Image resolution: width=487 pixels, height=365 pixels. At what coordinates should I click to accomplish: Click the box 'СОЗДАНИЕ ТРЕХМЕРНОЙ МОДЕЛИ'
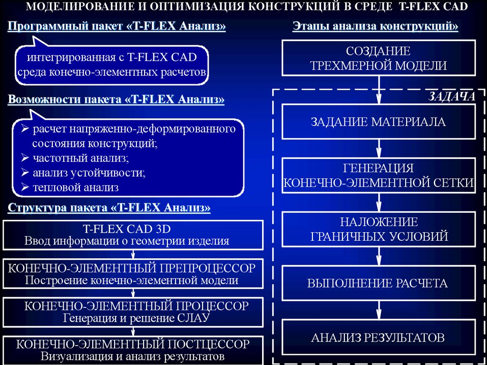point(379,58)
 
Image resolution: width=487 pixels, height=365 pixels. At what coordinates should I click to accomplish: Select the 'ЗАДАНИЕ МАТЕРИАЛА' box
point(379,122)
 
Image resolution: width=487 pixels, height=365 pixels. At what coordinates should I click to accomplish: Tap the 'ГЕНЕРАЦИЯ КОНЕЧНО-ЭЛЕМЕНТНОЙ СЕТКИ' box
point(379,176)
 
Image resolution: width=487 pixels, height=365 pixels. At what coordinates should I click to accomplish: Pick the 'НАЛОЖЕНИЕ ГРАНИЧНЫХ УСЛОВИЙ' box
point(379,229)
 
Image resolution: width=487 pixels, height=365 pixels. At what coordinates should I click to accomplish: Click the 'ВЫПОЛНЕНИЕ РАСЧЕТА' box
point(379,284)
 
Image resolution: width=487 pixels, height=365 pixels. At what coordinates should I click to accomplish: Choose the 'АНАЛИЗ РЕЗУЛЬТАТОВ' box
point(379,338)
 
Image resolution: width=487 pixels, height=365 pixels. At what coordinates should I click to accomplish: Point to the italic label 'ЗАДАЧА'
point(452,97)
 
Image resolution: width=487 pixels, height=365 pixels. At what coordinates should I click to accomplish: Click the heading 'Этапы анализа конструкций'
point(375,26)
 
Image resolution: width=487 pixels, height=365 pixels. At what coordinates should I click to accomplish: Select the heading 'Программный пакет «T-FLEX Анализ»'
point(117,26)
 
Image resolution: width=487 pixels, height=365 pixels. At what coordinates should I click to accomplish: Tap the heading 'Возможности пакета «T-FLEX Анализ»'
point(116,99)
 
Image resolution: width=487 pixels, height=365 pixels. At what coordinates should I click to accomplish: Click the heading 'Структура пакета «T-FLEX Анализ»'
point(109,208)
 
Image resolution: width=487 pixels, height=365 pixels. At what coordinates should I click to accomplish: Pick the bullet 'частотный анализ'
point(81,158)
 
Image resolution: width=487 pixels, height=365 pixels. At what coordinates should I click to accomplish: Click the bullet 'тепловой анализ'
point(76,187)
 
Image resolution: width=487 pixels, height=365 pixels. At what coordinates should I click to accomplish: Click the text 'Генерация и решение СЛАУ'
point(136,317)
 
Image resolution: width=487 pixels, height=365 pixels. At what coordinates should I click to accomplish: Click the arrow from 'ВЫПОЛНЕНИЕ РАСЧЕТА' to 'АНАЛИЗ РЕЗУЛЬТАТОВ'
point(379,310)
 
